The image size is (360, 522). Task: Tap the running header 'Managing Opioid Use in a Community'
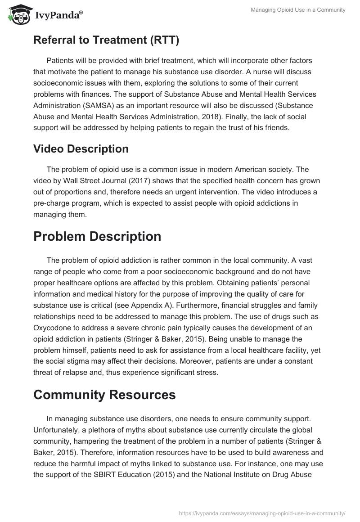(x=298, y=10)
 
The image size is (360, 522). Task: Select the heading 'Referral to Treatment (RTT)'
(x=106, y=40)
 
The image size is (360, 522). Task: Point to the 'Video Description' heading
(x=81, y=148)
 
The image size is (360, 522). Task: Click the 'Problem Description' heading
(x=97, y=237)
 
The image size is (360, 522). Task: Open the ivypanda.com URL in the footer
(x=262, y=513)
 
